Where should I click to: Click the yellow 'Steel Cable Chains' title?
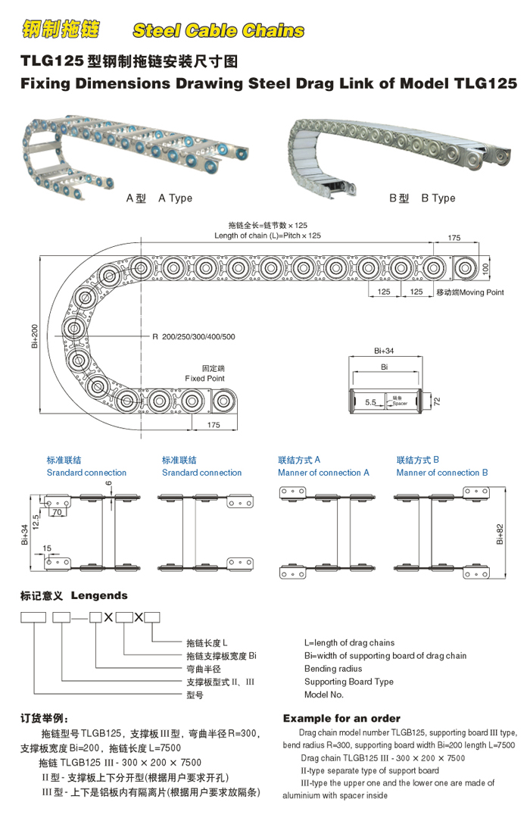(x=218, y=30)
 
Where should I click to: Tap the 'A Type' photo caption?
(x=175, y=198)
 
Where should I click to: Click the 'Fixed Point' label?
(x=204, y=378)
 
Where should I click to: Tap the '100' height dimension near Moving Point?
(x=486, y=267)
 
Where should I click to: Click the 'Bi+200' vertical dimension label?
(x=34, y=336)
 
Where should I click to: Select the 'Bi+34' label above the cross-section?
(x=384, y=351)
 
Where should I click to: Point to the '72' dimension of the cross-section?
(x=437, y=400)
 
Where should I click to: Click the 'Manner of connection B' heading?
(x=441, y=473)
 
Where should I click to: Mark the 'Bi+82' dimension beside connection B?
(x=500, y=534)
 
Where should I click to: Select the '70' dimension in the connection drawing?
(x=57, y=512)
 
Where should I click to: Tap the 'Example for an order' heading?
(x=341, y=718)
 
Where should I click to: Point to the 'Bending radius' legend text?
(x=333, y=669)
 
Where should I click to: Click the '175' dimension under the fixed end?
(x=213, y=425)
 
